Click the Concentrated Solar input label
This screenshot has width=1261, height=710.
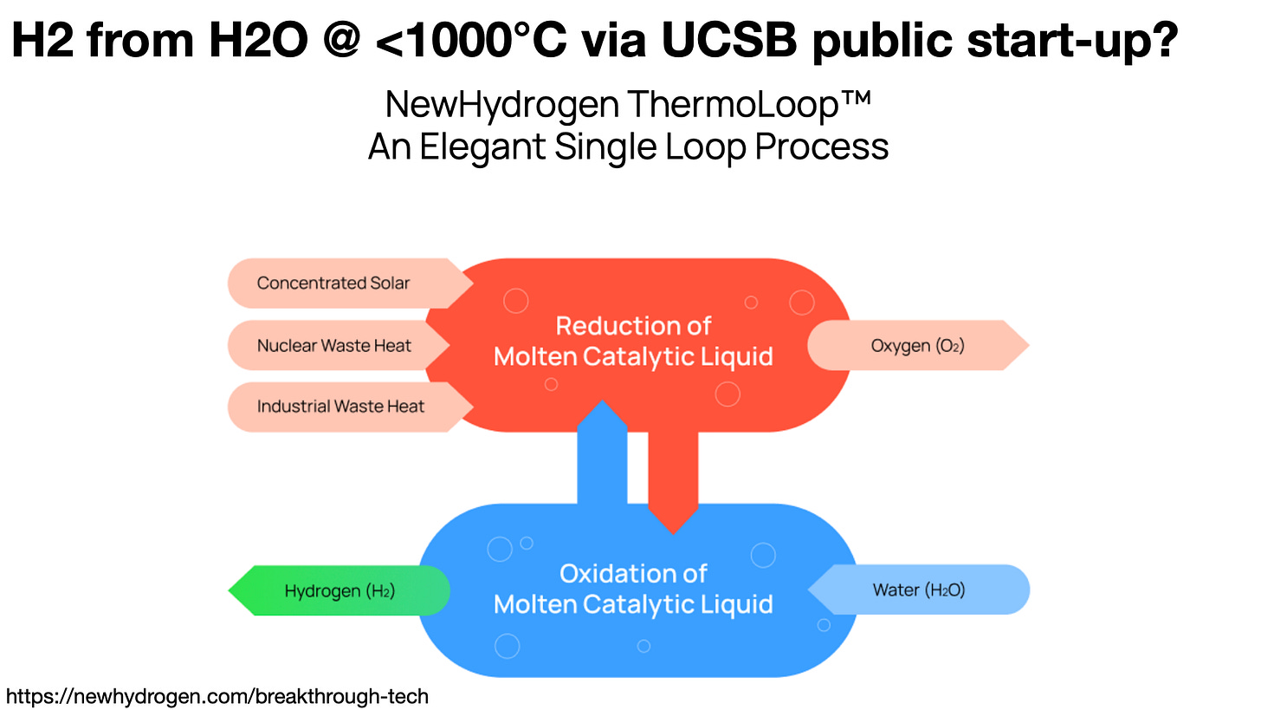[x=333, y=283]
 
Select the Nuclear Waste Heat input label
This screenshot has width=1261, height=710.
[x=333, y=345]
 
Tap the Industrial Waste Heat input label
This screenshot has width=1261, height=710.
[x=340, y=406]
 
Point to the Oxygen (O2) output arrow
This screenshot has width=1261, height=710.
[x=917, y=345]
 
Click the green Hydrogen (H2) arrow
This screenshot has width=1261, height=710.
[x=339, y=591]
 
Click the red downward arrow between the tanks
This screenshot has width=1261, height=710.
[x=673, y=477]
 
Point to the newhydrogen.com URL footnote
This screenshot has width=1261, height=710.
[x=217, y=696]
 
